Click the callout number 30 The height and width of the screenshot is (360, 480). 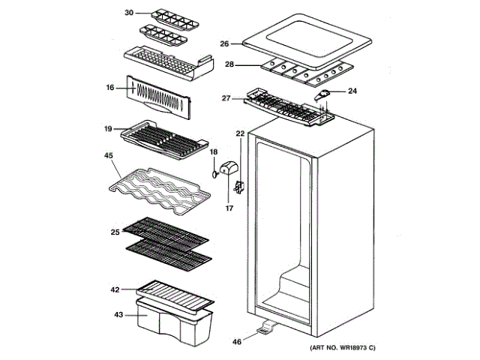(x=128, y=13)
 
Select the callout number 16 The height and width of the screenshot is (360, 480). (x=109, y=88)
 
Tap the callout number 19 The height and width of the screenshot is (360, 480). (x=108, y=129)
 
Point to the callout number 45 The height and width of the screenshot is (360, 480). (x=108, y=156)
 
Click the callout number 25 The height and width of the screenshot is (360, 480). (x=115, y=232)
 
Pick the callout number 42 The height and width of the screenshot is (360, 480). (x=115, y=289)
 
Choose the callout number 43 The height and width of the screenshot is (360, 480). (x=117, y=314)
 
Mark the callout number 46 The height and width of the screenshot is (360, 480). (x=237, y=342)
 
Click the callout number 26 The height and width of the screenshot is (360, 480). (x=224, y=43)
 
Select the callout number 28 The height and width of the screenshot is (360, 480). (x=229, y=65)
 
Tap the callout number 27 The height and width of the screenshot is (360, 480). (x=225, y=97)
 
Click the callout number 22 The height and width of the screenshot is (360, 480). (x=240, y=133)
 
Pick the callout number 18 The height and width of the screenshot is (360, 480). (x=214, y=152)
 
